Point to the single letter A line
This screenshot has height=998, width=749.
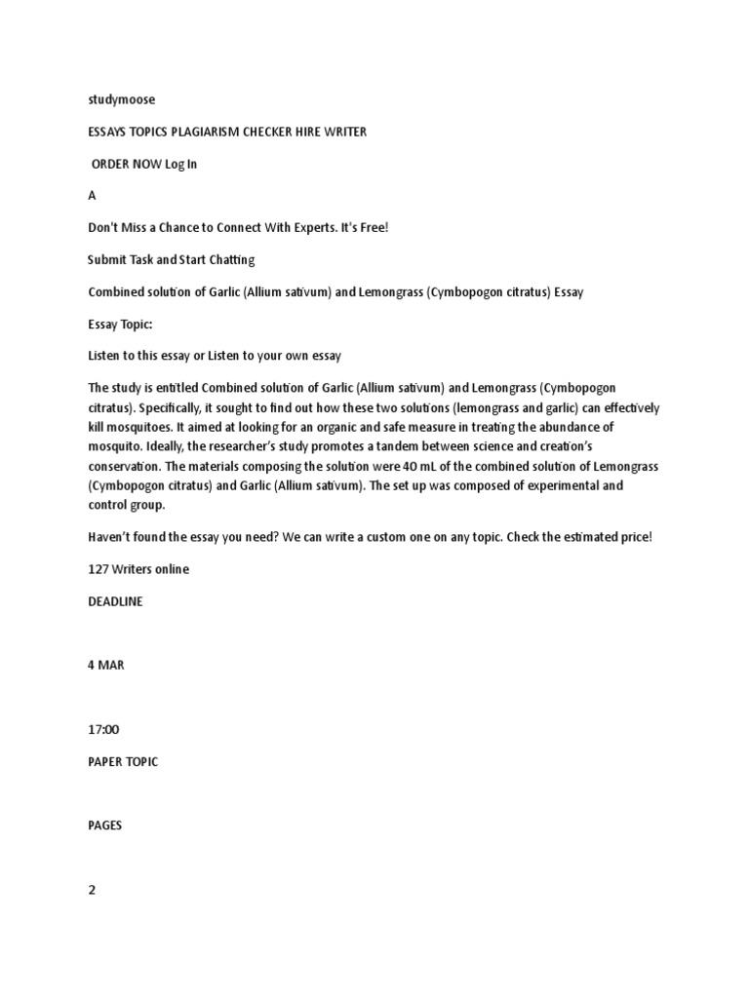93,195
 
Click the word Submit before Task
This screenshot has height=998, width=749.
106,259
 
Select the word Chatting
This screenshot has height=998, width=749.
228,259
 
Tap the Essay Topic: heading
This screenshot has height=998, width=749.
121,324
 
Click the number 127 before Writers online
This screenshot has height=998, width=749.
99,569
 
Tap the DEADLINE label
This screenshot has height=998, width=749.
115,601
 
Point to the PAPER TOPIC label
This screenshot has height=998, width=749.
123,761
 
